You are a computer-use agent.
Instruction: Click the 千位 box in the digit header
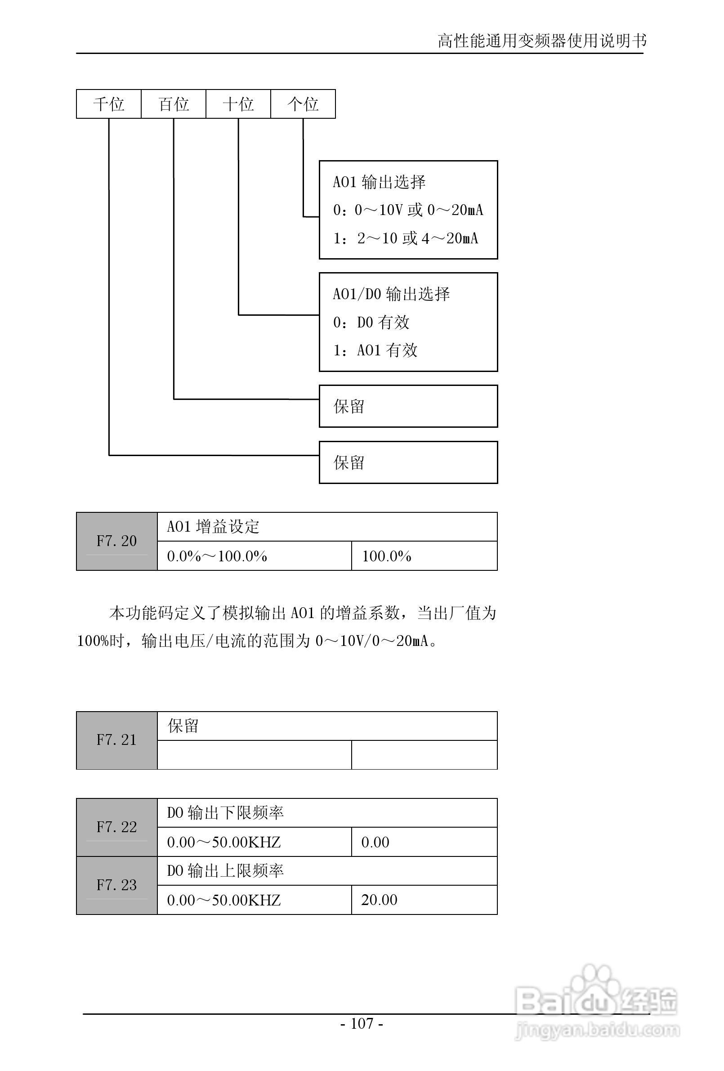[109, 104]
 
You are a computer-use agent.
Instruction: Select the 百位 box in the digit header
[174, 104]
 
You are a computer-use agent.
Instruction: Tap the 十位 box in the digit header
[238, 104]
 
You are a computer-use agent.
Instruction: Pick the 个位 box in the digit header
[303, 104]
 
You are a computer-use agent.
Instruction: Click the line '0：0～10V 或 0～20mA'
[408, 210]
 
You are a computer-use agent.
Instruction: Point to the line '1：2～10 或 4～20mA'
[406, 238]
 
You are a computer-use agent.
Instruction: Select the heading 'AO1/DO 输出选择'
[391, 294]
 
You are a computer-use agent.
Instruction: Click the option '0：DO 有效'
[371, 322]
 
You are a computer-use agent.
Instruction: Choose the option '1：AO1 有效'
[375, 350]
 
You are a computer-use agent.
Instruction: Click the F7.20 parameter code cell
[116, 541]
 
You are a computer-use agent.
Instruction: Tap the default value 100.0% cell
[387, 556]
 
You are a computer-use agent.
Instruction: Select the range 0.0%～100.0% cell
[217, 556]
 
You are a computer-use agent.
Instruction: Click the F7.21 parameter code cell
[116, 740]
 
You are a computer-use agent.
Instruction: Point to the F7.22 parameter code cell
[116, 827]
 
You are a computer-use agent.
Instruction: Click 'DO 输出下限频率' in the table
[225, 813]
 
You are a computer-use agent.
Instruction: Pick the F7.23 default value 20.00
[379, 900]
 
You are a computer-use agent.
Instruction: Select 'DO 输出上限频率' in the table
[225, 871]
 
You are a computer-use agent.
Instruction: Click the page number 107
[362, 1023]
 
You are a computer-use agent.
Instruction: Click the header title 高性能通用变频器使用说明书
[542, 41]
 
